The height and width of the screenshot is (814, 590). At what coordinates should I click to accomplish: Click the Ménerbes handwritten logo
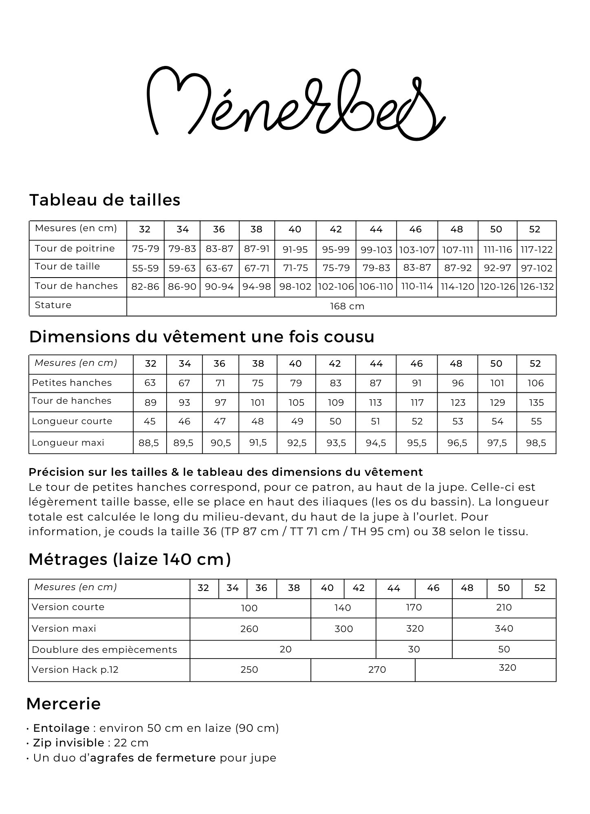[x=295, y=104]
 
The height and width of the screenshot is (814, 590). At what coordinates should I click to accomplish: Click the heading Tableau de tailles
[x=105, y=200]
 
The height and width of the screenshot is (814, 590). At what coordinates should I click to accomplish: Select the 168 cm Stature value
[x=347, y=306]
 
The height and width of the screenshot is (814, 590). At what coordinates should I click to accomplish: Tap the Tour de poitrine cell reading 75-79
[x=145, y=249]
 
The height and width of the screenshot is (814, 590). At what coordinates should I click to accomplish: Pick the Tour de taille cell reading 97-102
[x=537, y=268]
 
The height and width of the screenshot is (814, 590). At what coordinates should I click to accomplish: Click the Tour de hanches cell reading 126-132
[x=537, y=287]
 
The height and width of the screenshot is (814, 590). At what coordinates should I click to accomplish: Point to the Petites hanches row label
[x=72, y=383]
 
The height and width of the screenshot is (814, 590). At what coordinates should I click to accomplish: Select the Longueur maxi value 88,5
[x=149, y=443]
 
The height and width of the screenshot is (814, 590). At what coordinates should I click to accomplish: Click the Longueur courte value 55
[x=536, y=421]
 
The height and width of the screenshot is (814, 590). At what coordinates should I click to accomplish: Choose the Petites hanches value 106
[x=535, y=383]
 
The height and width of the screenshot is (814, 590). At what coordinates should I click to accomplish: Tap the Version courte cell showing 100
[x=249, y=608]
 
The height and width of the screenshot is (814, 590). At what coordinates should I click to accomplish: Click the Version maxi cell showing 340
[x=504, y=628]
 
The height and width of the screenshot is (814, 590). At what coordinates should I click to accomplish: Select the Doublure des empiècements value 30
[x=414, y=649]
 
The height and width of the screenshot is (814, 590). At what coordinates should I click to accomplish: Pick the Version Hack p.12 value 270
[x=377, y=670]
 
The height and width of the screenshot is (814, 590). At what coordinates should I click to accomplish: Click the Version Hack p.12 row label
[x=75, y=670]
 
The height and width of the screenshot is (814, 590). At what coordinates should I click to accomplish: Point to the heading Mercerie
[x=64, y=704]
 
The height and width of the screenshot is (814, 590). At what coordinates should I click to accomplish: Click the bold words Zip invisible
[x=68, y=743]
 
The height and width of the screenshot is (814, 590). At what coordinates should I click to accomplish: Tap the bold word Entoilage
[x=61, y=728]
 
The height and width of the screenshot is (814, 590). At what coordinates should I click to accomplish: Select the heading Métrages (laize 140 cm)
[x=130, y=559]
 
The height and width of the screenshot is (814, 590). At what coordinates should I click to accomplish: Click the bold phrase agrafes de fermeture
[x=153, y=758]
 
